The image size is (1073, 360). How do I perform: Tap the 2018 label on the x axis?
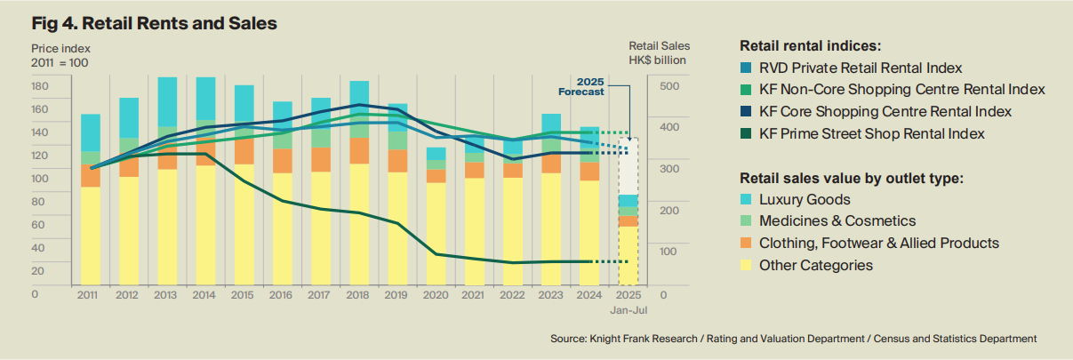359,294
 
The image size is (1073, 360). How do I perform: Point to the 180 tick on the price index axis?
39,86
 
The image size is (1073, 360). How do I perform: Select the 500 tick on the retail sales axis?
669,86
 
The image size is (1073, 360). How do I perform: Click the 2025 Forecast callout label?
584,86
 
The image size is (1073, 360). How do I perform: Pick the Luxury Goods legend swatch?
746,200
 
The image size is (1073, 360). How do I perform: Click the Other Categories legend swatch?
746,265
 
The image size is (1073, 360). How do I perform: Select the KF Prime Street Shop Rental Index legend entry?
871,134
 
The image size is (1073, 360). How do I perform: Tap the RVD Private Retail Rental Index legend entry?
861,68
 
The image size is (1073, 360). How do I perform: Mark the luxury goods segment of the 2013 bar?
166,100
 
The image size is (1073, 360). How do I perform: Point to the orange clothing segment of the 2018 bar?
359,150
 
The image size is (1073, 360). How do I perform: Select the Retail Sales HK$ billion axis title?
659,53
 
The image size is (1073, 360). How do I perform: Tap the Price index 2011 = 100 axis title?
60,55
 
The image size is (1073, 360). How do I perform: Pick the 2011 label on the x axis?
88,294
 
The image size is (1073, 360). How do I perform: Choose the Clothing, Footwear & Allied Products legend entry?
879,243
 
